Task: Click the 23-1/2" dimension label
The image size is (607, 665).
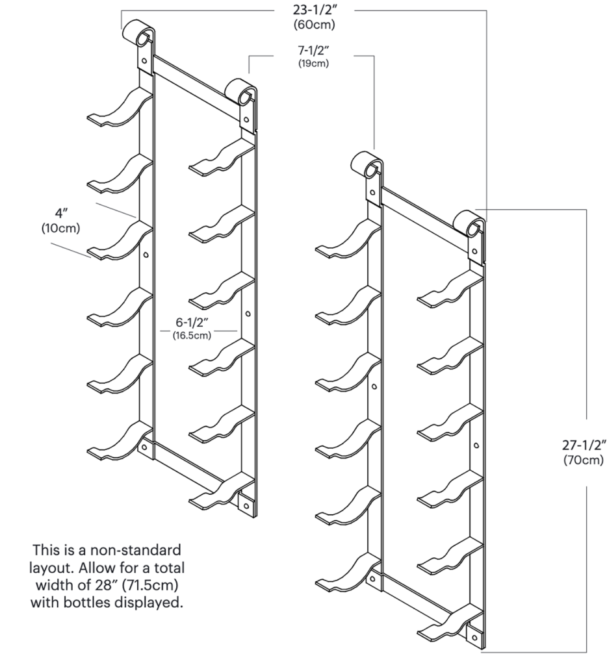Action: coord(315,11)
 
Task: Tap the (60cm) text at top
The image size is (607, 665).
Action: coord(315,25)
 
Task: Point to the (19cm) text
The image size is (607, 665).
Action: coord(314,64)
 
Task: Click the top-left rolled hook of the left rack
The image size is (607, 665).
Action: coord(138,32)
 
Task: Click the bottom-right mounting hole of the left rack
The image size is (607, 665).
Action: coord(245,504)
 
